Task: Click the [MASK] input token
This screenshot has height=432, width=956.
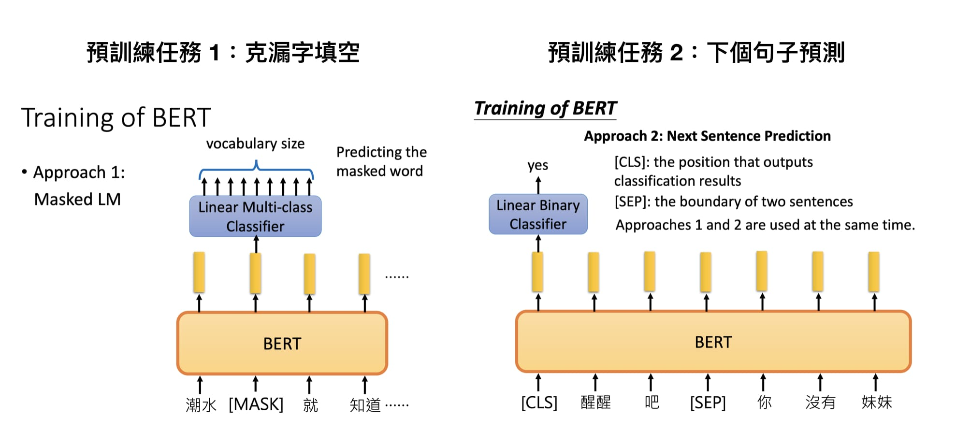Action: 256,404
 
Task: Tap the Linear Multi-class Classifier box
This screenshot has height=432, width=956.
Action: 255,216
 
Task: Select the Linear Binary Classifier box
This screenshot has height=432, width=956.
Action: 538,215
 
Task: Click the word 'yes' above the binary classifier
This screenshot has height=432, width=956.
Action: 537,165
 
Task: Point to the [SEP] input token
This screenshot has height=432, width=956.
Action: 708,402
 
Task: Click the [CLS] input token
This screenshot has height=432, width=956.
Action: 539,402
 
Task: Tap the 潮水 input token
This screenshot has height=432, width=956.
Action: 201,405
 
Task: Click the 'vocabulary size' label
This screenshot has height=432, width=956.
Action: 255,144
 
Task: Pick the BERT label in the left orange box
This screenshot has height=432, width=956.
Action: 282,344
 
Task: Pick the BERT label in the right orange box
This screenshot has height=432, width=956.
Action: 713,342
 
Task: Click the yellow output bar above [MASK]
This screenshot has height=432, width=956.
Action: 256,273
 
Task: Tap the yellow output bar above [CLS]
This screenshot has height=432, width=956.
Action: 537,272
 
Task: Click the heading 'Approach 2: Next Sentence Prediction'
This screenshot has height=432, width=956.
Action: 707,136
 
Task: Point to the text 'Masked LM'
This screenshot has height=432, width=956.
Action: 77,199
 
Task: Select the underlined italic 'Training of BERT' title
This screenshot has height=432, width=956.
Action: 545,108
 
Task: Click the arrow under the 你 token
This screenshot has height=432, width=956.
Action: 763,382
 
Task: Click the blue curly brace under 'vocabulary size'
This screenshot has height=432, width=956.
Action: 256,170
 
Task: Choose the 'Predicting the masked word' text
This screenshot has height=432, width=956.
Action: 381,161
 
